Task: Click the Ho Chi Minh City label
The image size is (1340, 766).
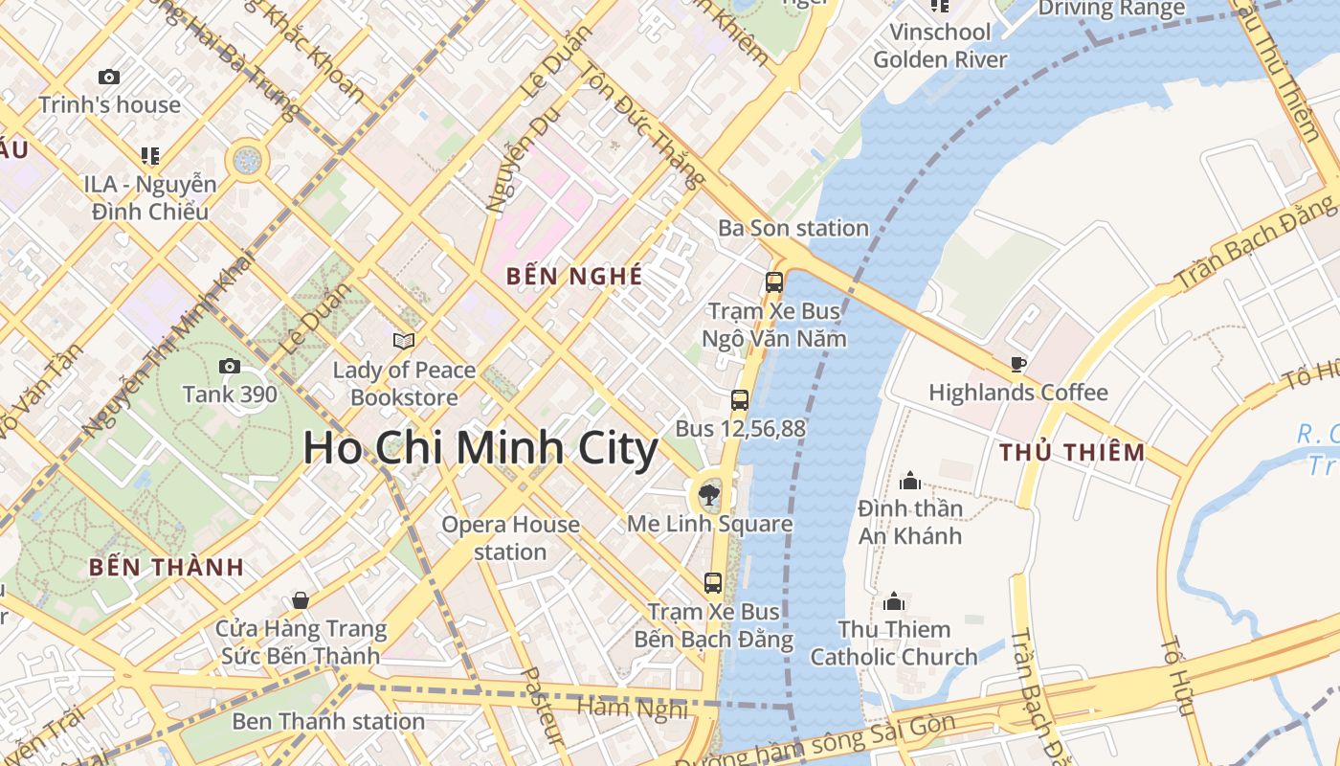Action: click(480, 448)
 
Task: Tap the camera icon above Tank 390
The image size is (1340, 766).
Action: click(230, 366)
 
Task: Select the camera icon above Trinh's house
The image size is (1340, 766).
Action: click(109, 77)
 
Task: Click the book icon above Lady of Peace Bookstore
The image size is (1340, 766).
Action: click(404, 341)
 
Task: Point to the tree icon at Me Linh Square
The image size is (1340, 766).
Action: click(709, 495)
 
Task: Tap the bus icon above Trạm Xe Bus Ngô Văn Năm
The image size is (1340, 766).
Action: click(774, 282)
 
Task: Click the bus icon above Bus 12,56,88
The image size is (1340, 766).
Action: click(740, 400)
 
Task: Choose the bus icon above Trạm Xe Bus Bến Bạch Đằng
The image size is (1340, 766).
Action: click(713, 582)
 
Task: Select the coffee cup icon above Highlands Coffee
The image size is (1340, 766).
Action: click(1018, 364)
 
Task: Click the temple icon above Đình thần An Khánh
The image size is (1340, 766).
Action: click(910, 479)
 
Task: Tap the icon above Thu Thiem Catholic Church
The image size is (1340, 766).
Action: click(894, 600)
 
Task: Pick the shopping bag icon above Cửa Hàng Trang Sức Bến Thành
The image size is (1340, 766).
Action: click(301, 600)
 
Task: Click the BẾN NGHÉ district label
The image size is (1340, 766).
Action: click(574, 277)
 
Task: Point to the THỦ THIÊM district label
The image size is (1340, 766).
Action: click(1072, 453)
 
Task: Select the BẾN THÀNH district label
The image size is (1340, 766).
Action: click(167, 567)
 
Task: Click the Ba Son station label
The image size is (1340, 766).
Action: click(793, 228)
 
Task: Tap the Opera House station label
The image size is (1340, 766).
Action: click(510, 538)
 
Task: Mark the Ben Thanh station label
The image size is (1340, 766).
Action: click(328, 721)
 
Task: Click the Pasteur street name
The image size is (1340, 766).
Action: click(541, 707)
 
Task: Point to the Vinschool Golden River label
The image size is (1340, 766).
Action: click(940, 45)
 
